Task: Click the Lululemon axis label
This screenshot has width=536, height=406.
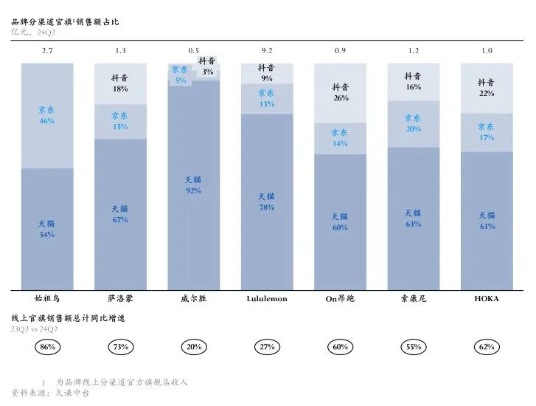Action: (267, 299)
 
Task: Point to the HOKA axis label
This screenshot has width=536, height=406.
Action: (487, 299)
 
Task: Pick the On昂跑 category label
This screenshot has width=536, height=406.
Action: (340, 299)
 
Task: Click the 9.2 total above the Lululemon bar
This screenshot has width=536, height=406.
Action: (267, 51)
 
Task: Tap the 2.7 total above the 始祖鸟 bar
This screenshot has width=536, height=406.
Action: (47, 51)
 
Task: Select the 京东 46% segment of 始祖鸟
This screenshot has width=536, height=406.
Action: (47, 116)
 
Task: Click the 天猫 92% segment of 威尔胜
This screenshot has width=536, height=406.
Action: (194, 185)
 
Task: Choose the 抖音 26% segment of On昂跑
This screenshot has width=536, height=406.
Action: (340, 93)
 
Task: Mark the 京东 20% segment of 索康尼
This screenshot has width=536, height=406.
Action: (414, 124)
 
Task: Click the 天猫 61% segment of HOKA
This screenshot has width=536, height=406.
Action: (487, 221)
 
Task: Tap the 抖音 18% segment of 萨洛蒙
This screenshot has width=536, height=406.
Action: (120, 84)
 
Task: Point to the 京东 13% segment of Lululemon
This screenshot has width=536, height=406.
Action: (267, 99)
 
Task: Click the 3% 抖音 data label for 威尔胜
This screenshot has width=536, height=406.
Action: (207, 72)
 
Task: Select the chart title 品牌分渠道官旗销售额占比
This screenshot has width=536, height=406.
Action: (65, 22)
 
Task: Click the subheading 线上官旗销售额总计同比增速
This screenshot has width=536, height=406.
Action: (68, 318)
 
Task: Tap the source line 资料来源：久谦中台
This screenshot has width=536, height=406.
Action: (50, 393)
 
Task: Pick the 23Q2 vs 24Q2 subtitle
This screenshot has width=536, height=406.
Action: (34, 329)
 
